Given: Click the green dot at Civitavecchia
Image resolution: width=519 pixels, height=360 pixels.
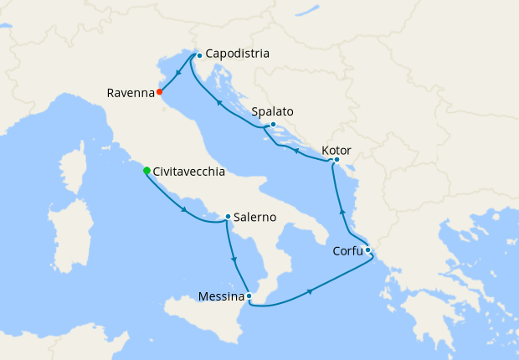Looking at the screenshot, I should pyautogui.click(x=147, y=171).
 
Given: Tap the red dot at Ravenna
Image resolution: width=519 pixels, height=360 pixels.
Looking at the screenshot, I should pyautogui.click(x=159, y=92).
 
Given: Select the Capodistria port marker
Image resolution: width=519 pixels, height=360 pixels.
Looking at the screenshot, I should pyautogui.click(x=198, y=55).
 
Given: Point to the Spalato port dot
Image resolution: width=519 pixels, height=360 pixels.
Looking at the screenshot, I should pyautogui.click(x=273, y=125).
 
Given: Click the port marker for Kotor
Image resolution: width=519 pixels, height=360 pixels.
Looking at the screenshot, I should pyautogui.click(x=336, y=159).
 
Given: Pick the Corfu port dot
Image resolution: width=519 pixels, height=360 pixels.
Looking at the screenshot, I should pyautogui.click(x=367, y=249).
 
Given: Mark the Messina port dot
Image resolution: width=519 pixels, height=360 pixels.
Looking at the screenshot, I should pyautogui.click(x=249, y=295).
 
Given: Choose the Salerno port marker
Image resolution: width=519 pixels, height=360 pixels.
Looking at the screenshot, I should pyautogui.click(x=228, y=218).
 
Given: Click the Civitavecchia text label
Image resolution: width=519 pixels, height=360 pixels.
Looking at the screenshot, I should pyautogui.click(x=188, y=172).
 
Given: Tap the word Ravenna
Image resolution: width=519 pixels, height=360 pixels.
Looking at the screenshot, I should pyautogui.click(x=130, y=93).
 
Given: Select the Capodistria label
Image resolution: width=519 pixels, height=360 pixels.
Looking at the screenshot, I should pyautogui.click(x=238, y=54).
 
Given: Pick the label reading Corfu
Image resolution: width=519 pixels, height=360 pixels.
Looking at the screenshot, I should pyautogui.click(x=345, y=249).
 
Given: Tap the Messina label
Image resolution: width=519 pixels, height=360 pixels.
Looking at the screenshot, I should pyautogui.click(x=221, y=296).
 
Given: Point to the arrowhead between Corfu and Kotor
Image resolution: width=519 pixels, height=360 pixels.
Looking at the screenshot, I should pyautogui.click(x=342, y=212).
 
